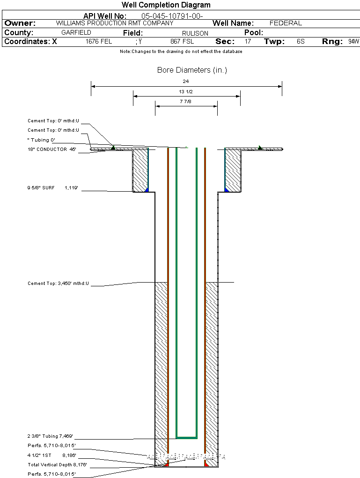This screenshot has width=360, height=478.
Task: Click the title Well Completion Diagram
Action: [x=166, y=5]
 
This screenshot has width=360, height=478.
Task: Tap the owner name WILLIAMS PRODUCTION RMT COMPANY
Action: [x=114, y=23]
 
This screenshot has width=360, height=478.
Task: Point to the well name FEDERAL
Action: [x=286, y=23]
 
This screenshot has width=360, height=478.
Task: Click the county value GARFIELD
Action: [x=76, y=33]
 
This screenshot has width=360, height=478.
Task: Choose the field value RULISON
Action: [x=195, y=33]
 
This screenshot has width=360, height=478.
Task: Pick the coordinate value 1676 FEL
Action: [x=99, y=42]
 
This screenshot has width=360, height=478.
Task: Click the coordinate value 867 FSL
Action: [x=182, y=42]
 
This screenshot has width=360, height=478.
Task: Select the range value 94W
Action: [x=353, y=42]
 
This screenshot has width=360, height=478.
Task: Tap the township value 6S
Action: [x=301, y=42]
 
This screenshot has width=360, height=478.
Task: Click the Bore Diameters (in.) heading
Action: [x=192, y=70]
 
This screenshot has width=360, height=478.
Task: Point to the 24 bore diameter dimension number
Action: [x=186, y=82]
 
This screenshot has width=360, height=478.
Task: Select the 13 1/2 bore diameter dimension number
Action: [x=186, y=92]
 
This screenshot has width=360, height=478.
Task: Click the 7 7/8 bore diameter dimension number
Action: [x=186, y=102]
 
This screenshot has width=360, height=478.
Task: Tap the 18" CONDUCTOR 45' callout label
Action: [x=52, y=149]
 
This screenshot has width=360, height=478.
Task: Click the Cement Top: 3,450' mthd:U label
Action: [x=59, y=284]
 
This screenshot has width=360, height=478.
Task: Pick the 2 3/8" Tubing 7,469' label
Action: [x=50, y=436]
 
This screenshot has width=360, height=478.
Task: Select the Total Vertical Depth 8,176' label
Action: [x=58, y=465]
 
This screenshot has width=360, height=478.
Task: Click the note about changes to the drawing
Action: [x=181, y=52]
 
